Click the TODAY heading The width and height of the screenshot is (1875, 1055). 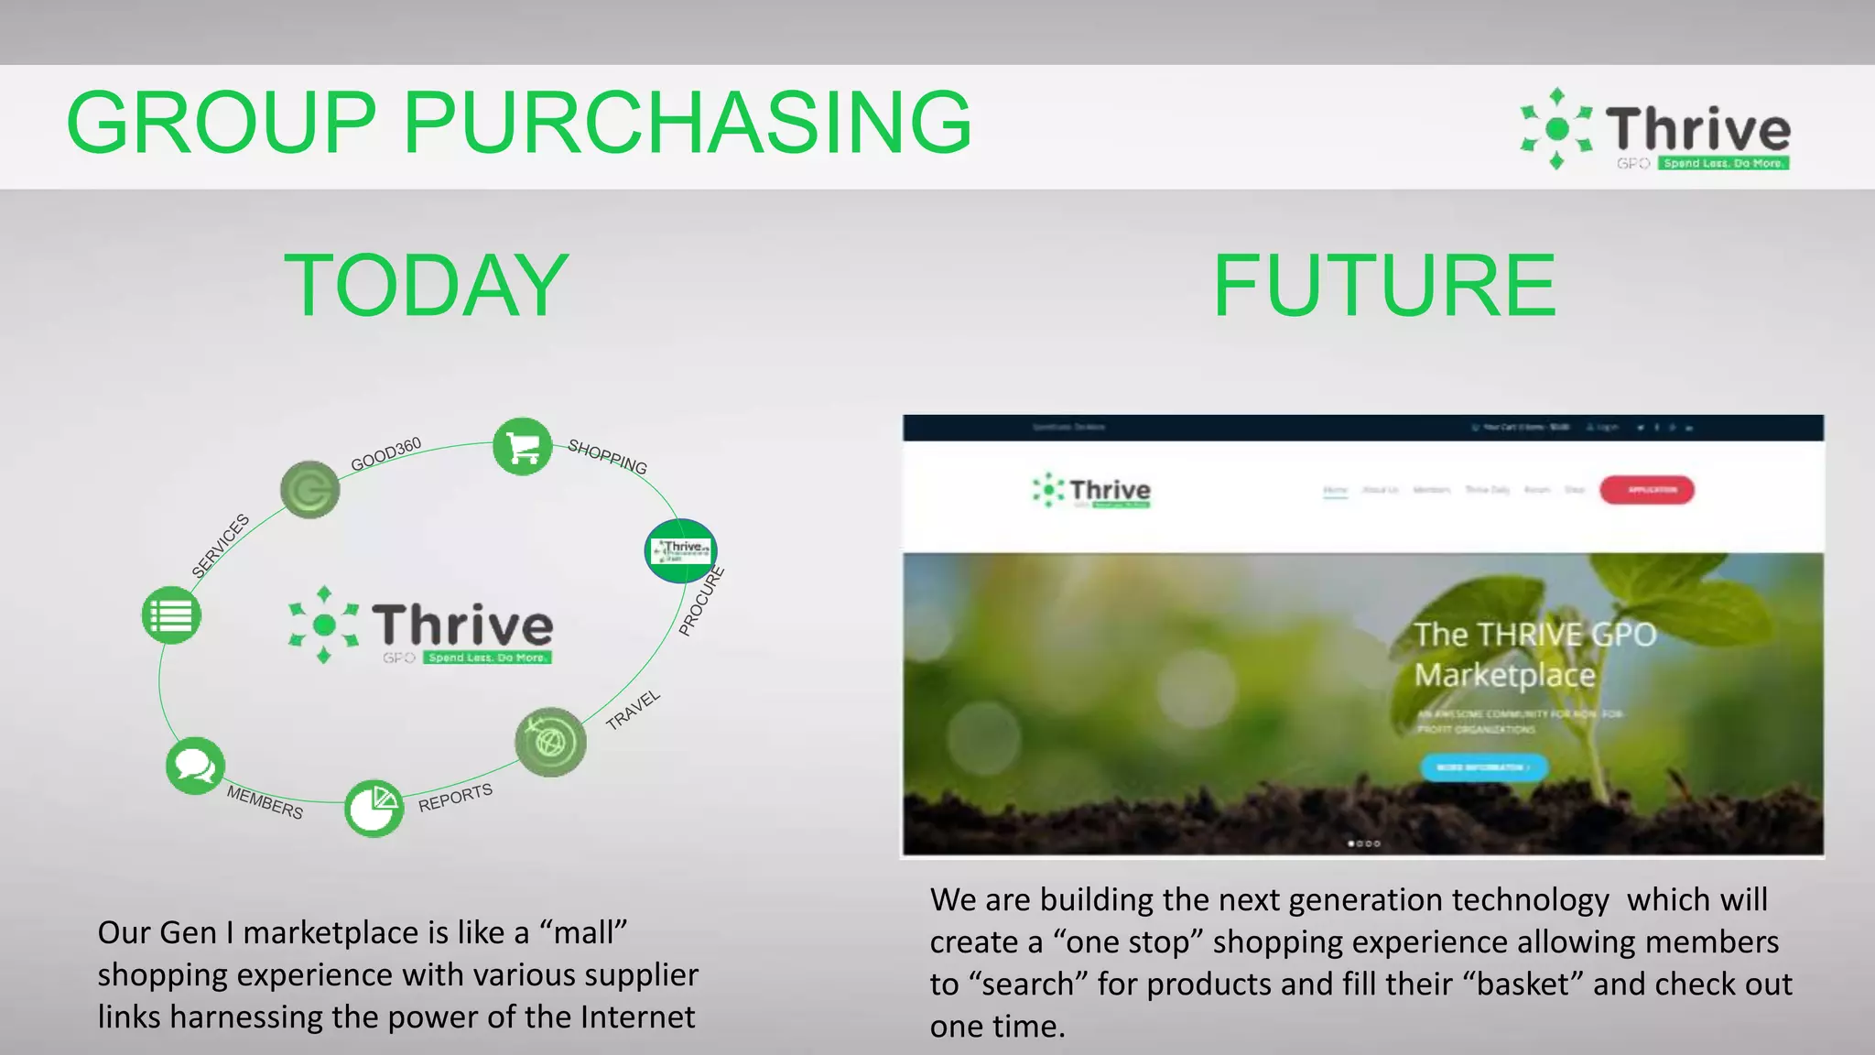click(427, 286)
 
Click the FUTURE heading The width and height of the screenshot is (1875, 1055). click(1384, 286)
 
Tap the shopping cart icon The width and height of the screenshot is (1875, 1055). click(522, 448)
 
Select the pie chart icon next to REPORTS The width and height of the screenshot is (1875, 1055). click(374, 808)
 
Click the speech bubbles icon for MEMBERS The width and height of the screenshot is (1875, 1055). click(195, 765)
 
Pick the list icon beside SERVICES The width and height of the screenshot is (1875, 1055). click(171, 615)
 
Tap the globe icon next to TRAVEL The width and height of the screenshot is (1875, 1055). click(550, 742)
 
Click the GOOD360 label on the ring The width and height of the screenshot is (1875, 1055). click(385, 454)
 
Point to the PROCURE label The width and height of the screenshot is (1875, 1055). click(701, 602)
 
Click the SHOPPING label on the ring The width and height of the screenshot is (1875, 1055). click(607, 456)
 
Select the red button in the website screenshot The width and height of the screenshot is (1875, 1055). click(1646, 490)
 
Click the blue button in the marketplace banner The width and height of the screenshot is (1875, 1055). click(1483, 767)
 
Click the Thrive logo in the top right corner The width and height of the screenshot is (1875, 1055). click(1655, 130)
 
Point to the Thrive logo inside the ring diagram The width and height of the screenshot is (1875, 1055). click(421, 625)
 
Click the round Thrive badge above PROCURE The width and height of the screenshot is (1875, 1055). click(681, 550)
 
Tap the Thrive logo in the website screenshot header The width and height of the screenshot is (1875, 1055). click(1091, 491)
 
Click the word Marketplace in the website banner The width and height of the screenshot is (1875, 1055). click(1504, 676)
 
